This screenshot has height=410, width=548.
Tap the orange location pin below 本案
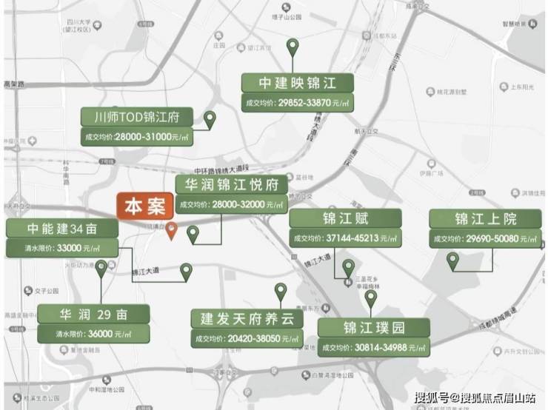pos(171,230)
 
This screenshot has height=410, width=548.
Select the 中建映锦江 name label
pos(296,82)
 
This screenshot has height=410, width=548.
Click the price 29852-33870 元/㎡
pos(297,102)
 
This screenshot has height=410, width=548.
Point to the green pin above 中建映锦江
pos(293,48)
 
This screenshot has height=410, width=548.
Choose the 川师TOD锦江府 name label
pos(137,117)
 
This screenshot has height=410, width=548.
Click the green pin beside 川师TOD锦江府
pos(210,119)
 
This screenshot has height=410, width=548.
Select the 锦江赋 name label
pos(345,218)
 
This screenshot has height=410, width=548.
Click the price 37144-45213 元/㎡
pos(345,238)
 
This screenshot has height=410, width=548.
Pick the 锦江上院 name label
pos(485,218)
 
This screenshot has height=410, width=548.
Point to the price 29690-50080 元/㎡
pos(485,238)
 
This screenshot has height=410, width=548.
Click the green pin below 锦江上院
pos(452,260)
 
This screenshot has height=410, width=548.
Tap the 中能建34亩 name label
pos(62,229)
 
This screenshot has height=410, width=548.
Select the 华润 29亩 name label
pos(93,314)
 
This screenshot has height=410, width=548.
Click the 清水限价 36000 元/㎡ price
pos(93,334)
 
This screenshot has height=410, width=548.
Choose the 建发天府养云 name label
pos(247,319)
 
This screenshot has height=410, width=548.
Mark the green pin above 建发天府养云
pos(280,291)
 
